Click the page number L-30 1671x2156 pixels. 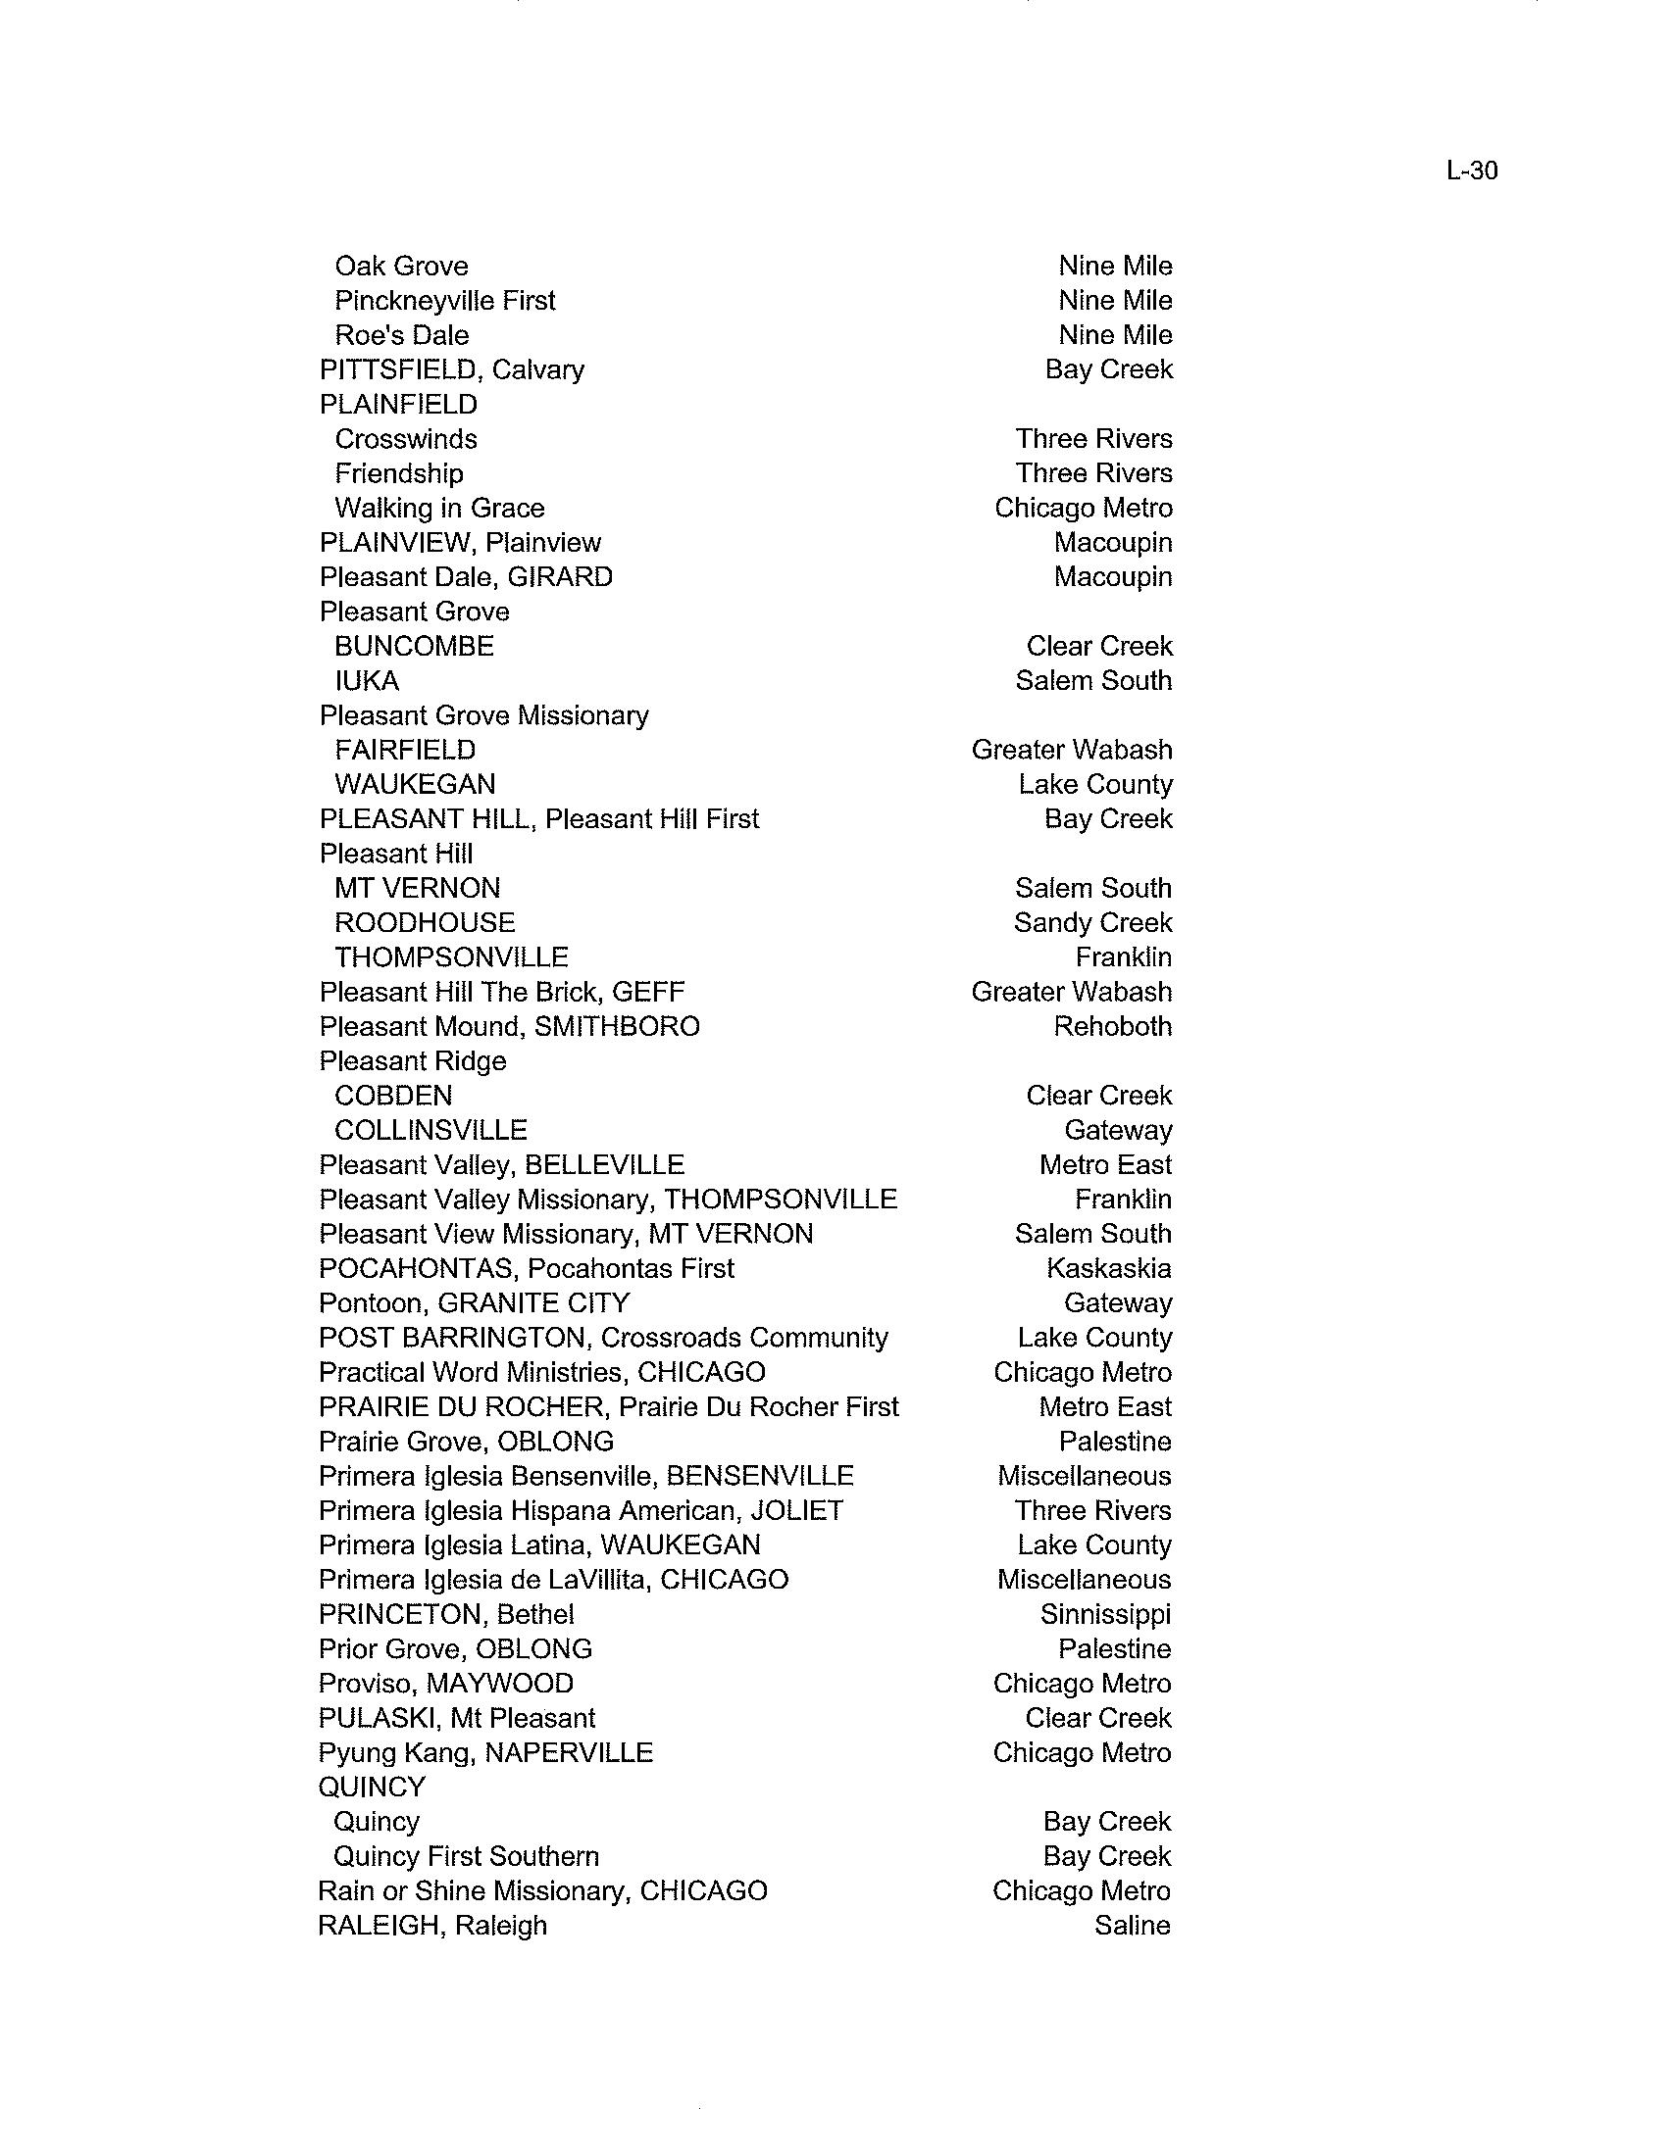1471,171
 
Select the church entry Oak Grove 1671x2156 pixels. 401,266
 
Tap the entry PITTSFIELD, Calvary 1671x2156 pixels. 451,369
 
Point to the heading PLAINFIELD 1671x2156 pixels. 398,404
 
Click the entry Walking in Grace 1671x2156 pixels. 439,508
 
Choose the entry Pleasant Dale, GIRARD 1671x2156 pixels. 465,576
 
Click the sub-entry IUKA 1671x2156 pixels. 367,680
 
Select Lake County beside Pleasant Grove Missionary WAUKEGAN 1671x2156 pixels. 1095,784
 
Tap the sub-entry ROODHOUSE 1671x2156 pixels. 425,922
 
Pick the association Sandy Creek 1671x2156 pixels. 1092,922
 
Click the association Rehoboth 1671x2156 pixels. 1112,1026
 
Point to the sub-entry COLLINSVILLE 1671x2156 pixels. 430,1129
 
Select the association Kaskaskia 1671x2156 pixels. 1108,1267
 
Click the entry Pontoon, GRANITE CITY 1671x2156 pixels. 474,1302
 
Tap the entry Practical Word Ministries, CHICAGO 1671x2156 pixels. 542,1371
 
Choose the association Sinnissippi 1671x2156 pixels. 1105,1613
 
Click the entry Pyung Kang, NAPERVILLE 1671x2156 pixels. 484,1751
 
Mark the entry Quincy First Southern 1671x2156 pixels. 466,1855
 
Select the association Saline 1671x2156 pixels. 1132,1924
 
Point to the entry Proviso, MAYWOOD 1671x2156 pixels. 445,1682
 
